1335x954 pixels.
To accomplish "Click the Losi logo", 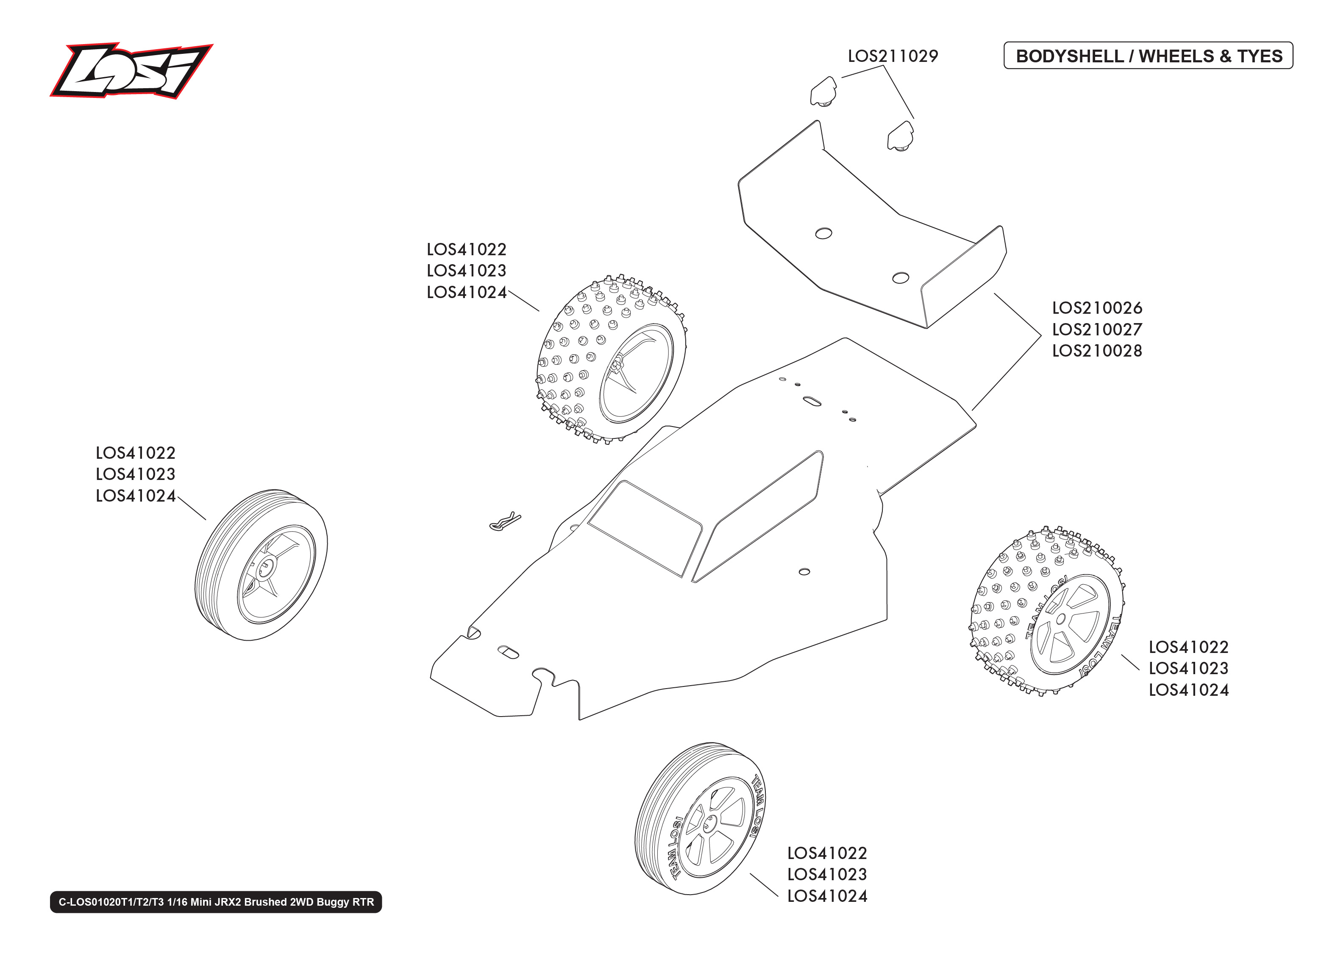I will [x=131, y=70].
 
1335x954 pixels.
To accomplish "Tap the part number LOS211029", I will [x=893, y=56].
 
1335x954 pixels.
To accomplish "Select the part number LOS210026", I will [x=1097, y=308].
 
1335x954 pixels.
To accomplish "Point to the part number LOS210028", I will [x=1097, y=351].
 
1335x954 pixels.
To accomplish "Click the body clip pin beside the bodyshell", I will [x=504, y=521].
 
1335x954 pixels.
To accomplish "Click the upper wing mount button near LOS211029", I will [x=823, y=92].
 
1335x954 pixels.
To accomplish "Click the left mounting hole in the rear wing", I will [x=823, y=233].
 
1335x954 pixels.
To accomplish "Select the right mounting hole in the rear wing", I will [x=900, y=278].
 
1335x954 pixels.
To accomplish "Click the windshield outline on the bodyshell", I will [x=644, y=527].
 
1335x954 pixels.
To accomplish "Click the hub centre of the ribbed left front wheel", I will [x=267, y=567].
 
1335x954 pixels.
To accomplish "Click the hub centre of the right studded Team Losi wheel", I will [x=1060, y=619].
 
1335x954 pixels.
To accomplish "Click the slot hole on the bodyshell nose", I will [x=508, y=652].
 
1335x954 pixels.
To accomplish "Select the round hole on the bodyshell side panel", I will [x=804, y=572].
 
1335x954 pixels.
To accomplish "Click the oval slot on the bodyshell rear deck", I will [x=812, y=401].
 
